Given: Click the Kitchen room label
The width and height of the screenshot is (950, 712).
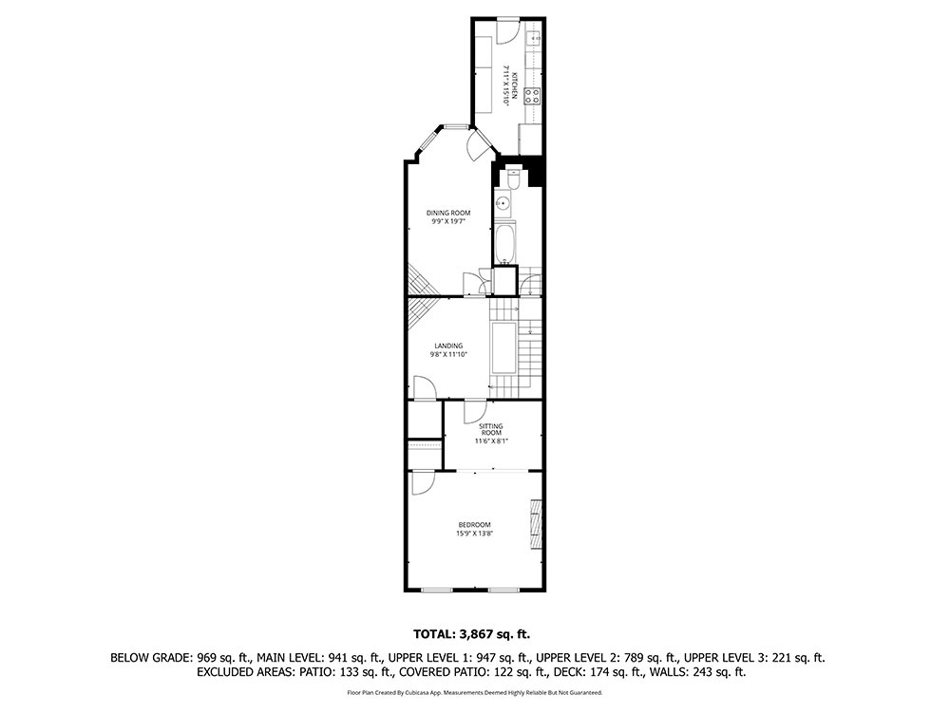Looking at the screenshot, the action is pos(514,85).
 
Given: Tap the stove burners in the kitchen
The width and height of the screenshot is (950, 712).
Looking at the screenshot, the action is pos(533,96).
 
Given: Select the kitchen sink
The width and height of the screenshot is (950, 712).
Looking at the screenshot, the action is pos(534,39).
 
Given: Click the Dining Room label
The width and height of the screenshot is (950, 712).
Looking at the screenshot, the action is pos(448,213).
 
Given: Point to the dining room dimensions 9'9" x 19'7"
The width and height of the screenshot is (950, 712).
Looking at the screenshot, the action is pos(448,221).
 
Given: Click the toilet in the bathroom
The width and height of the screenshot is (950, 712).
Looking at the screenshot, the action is pos(513,178).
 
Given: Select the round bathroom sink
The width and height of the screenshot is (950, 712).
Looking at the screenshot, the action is pos(503,203).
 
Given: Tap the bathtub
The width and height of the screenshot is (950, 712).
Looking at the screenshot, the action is pos(504,243).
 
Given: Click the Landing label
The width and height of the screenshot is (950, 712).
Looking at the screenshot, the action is pos(448,347).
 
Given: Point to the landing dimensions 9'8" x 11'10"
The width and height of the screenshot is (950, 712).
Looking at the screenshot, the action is pos(448,355).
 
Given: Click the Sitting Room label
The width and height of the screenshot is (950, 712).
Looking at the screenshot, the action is pos(491,429).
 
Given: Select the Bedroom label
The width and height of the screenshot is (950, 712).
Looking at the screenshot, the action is pos(474,525).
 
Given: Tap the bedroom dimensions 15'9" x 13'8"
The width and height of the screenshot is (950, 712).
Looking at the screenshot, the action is pos(474,534).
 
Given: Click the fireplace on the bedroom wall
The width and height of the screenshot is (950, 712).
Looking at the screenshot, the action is pos(535,524).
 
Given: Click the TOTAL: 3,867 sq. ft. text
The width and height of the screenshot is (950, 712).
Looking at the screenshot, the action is pos(471,634).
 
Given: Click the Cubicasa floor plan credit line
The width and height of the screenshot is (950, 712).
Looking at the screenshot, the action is pos(474,692).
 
